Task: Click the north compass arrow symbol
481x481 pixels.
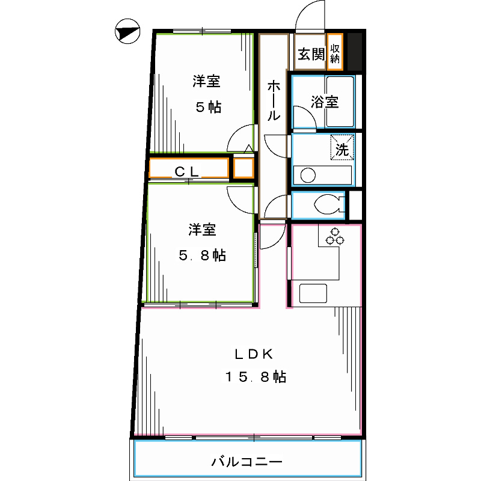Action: point(126,32)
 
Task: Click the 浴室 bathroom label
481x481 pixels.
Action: point(325,102)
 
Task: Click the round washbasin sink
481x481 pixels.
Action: point(308,176)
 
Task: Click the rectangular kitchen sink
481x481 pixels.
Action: point(313,294)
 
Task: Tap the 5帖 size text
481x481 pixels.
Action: point(207,107)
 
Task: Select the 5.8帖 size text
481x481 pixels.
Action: point(202,256)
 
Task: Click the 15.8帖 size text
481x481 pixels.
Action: point(255,378)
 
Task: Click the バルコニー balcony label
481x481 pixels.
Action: point(247,462)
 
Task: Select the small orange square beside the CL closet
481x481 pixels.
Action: point(243,168)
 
